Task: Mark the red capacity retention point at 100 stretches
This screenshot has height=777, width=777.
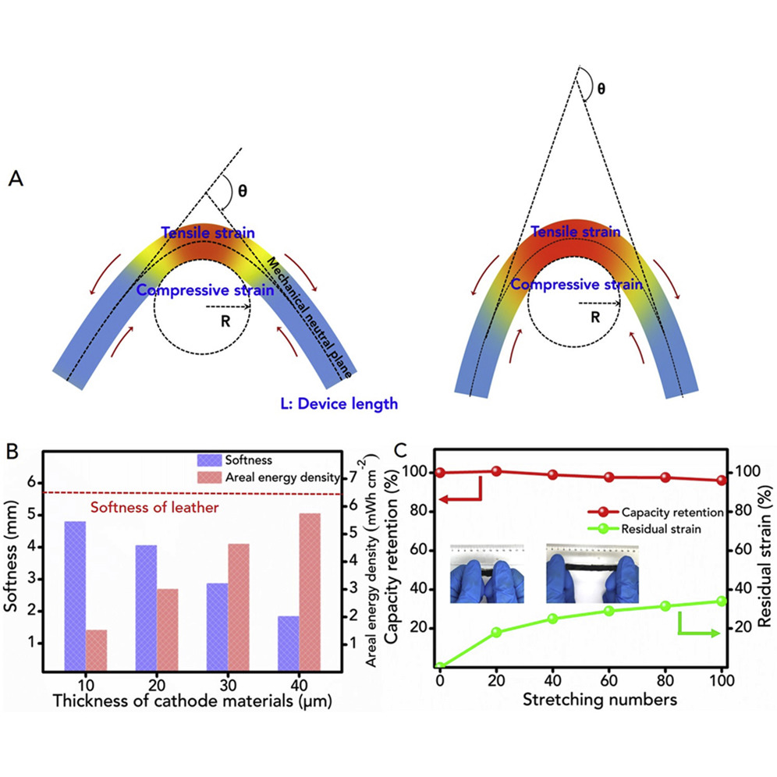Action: pyautogui.click(x=721, y=481)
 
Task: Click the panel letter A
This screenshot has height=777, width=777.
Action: pyautogui.click(x=14, y=179)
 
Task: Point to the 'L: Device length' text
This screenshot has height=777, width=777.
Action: pyautogui.click(x=339, y=403)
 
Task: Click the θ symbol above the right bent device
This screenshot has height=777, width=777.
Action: pyautogui.click(x=600, y=88)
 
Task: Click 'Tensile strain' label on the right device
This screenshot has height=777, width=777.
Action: pyautogui.click(x=576, y=232)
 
